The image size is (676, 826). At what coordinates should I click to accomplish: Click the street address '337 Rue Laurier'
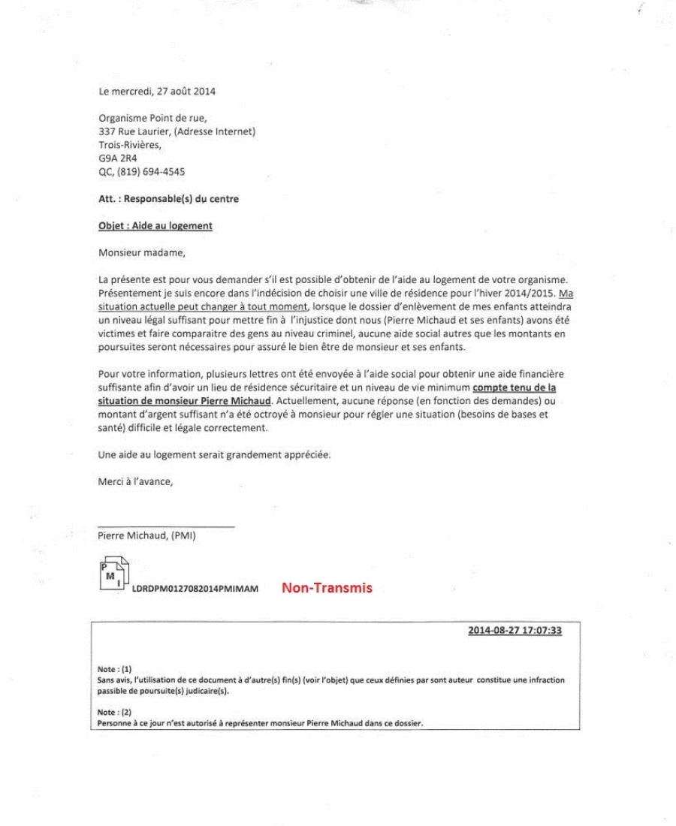coord(133,132)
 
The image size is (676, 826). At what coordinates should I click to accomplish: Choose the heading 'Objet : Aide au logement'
coord(155,227)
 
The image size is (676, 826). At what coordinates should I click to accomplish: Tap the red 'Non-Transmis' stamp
coord(327,589)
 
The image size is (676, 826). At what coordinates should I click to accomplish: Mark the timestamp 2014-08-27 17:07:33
coord(515,631)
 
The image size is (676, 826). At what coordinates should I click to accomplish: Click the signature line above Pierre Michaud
coord(166,526)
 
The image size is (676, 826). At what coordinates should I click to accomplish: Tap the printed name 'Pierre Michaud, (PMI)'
coord(146,536)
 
